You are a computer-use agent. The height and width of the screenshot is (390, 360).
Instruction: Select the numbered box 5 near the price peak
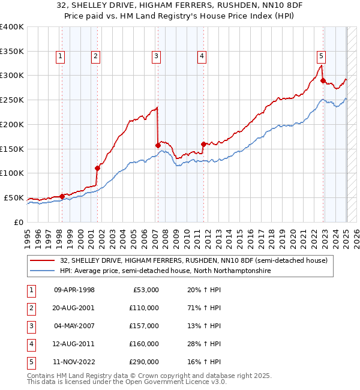321,56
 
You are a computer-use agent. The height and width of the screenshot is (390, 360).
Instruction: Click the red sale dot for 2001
97,168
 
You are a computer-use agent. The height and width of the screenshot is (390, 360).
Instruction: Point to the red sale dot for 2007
158,145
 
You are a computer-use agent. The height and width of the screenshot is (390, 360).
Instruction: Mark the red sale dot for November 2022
323,80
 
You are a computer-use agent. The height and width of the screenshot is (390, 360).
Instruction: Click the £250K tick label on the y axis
12,100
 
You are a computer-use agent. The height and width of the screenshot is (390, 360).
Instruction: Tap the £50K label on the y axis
14,197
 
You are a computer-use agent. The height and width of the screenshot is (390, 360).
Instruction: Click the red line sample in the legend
43,260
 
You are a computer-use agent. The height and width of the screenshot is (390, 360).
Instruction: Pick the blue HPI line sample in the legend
43,271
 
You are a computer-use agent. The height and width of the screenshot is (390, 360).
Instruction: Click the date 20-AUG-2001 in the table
74,308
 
